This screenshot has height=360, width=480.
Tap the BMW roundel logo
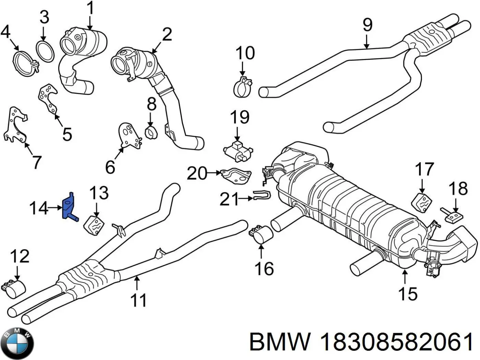(17, 343)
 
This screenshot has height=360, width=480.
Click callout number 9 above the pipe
(367, 25)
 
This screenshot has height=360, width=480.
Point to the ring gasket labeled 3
(45, 51)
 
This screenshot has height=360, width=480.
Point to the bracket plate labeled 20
(236, 175)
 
